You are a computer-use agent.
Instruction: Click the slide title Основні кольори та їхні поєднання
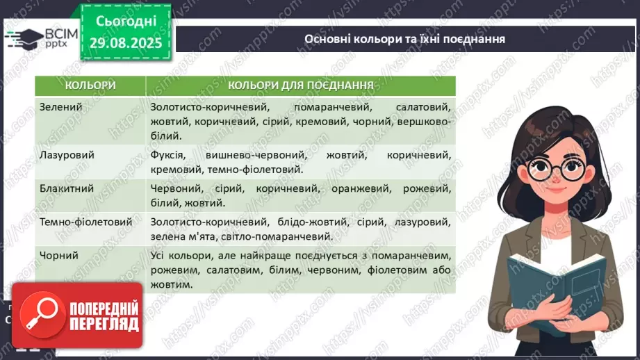[404, 39]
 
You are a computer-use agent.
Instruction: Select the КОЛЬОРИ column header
[90, 85]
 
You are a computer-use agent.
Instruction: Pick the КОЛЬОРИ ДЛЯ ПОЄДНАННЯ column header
[301, 85]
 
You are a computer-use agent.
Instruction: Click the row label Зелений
[61, 108]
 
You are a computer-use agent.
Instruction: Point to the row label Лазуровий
[67, 155]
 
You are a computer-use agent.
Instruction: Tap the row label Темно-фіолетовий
[86, 222]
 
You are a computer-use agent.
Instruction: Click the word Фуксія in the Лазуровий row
[167, 155]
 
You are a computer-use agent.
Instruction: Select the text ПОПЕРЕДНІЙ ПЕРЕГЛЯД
[104, 316]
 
